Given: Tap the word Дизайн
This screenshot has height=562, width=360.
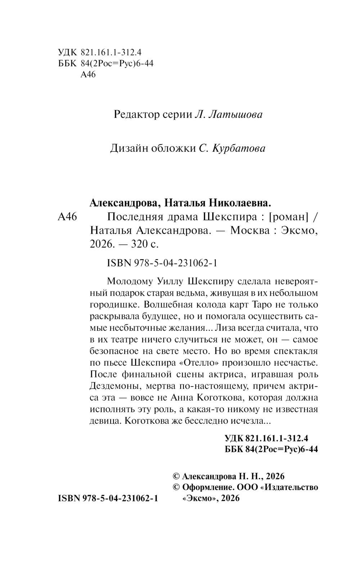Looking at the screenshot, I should coord(127,148).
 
